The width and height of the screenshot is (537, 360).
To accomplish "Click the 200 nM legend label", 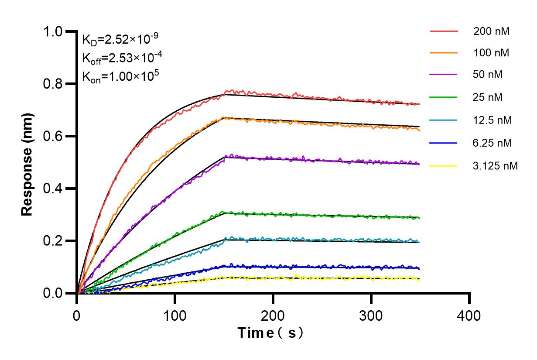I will click(x=491, y=31).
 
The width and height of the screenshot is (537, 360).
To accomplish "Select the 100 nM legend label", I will click(x=491, y=53).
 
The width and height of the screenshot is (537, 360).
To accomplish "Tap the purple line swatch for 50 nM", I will click(x=444, y=75).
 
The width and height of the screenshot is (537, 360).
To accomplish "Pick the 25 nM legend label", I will click(x=488, y=97).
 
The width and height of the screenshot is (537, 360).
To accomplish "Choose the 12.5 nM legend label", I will click(x=492, y=120).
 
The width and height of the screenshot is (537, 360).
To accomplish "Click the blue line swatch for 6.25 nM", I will click(x=444, y=143).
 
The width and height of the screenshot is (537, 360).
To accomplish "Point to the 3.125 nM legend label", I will click(x=495, y=166).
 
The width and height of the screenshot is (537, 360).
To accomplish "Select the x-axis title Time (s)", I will click(x=270, y=333).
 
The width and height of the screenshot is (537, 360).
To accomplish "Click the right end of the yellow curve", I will click(x=419, y=279).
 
